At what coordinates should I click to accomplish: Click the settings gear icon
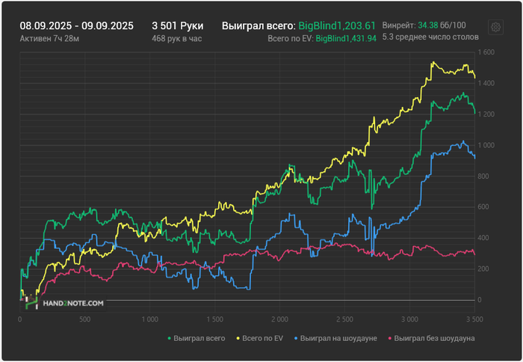pos(495,28)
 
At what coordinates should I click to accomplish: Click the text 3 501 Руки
pos(177,25)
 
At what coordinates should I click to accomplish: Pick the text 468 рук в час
pos(176,37)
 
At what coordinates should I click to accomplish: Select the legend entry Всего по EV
pos(261,338)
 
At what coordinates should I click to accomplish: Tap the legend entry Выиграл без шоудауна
pos(431,338)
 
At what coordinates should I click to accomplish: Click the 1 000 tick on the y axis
pos(485,145)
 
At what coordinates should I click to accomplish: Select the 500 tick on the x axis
pos(84,319)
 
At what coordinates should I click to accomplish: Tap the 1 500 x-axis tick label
pos(214,319)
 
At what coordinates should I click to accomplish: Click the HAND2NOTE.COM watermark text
pos(74,304)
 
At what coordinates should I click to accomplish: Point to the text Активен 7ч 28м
pos(49,37)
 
